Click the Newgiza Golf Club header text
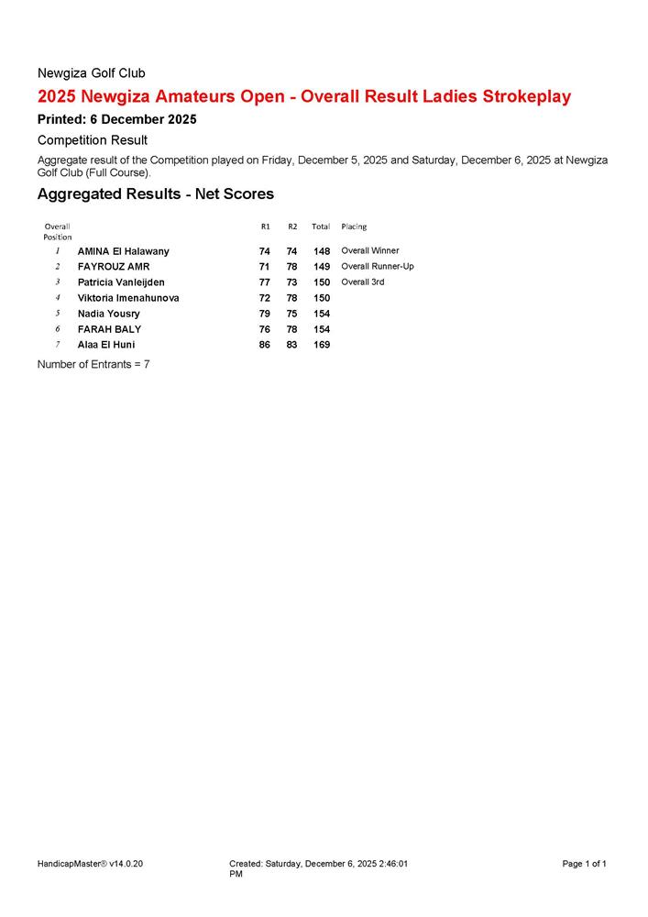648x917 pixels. (91, 72)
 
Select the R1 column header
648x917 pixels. (265, 226)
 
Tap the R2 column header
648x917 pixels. (292, 226)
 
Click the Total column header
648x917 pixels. (321, 226)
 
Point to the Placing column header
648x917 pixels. (354, 226)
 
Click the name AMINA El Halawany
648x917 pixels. (123, 251)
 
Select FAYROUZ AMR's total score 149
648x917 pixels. (322, 267)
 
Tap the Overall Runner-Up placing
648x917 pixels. (377, 267)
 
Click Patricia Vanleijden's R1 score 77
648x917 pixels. (265, 282)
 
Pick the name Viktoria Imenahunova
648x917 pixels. (128, 298)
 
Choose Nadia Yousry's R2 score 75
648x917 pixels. (292, 314)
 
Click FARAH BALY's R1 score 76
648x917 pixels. (265, 329)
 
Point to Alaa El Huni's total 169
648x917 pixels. (322, 345)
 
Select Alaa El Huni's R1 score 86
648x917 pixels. (265, 345)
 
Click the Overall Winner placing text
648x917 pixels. (369, 250)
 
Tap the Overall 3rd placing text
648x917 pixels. (362, 282)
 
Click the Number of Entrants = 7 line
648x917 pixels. (93, 364)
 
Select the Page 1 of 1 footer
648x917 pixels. (584, 864)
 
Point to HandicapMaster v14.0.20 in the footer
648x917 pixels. (90, 864)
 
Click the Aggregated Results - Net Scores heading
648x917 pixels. (155, 194)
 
